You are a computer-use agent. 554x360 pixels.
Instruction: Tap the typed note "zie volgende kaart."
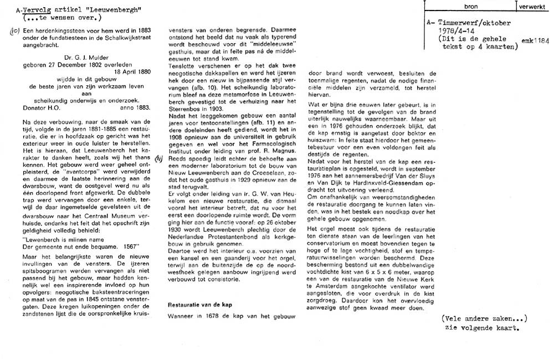[x=483, y=327]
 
